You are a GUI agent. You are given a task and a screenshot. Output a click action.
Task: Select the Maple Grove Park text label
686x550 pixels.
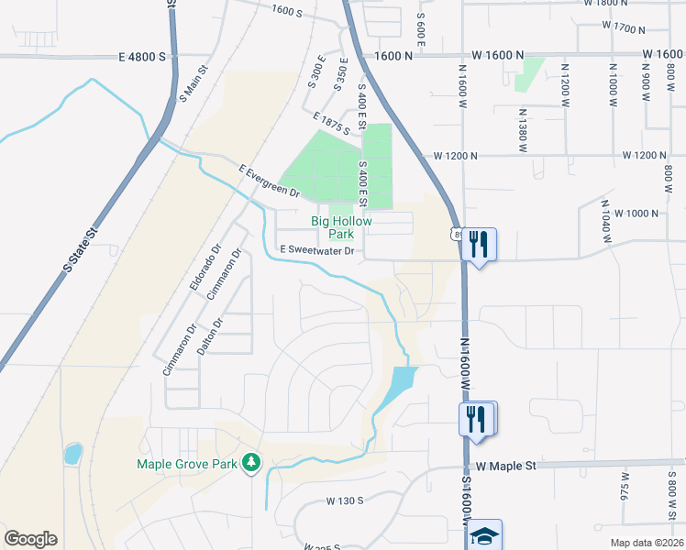(188, 464)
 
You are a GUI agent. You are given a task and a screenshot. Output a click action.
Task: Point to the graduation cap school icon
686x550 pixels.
(484, 534)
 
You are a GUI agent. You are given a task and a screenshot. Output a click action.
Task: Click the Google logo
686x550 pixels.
(30, 539)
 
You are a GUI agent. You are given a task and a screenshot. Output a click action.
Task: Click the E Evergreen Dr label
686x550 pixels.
(269, 181)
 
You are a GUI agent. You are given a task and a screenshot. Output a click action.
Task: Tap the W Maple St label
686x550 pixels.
(505, 467)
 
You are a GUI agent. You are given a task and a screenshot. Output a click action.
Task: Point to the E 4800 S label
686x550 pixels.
(141, 56)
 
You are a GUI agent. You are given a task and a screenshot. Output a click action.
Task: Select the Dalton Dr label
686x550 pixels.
(217, 338)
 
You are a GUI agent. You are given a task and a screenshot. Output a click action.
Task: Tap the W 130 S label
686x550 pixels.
(346, 501)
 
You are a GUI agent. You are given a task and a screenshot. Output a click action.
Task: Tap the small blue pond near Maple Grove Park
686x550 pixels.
(73, 453)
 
